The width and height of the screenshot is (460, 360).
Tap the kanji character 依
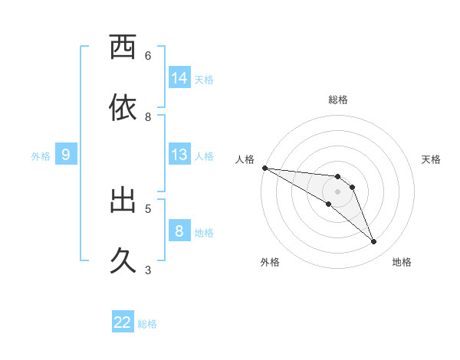point(123,107)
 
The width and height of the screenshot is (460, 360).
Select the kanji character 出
point(123,200)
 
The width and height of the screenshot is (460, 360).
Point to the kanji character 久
point(123,261)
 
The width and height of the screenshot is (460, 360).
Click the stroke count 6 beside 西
point(148,55)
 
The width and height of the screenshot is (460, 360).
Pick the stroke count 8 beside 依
point(148,117)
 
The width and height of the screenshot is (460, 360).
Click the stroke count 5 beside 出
point(148,208)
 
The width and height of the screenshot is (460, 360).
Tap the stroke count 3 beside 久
point(148,270)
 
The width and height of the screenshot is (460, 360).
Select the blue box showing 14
point(179,78)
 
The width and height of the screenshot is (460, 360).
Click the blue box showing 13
point(179,155)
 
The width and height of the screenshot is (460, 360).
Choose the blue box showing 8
point(179,231)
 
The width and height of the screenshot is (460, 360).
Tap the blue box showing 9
point(66,155)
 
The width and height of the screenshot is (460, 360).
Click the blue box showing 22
point(123,322)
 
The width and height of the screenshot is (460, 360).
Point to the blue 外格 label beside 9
point(41,156)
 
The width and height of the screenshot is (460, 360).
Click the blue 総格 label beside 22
point(147,324)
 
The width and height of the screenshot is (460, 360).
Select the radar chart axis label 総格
point(338,100)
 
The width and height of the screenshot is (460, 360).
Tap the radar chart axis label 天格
point(431,159)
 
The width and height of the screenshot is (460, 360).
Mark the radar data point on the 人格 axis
point(264,168)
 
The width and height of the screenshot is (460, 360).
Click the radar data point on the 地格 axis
point(374,242)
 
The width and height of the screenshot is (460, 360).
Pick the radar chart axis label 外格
point(270,262)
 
